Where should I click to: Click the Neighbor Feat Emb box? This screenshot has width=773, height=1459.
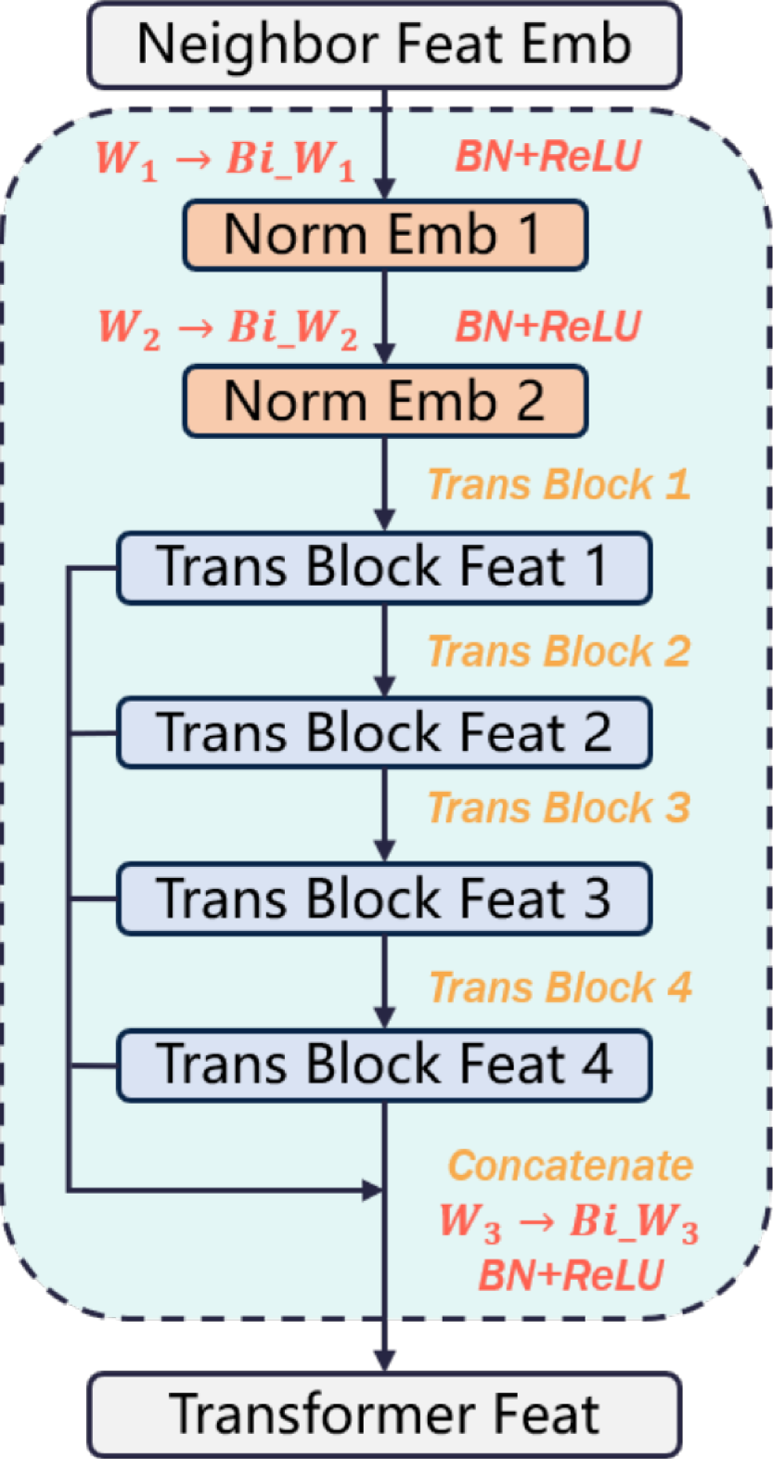(x=384, y=45)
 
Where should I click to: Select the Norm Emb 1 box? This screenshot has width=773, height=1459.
(x=384, y=235)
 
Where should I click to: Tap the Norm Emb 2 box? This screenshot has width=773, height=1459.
(x=384, y=401)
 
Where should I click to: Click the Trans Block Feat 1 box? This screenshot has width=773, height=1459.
(x=384, y=567)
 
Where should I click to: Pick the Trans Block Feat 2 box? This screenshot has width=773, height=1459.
(x=384, y=733)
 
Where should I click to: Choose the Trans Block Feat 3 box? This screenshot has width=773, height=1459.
(x=384, y=898)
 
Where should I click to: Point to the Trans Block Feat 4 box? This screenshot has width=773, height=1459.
(x=384, y=1065)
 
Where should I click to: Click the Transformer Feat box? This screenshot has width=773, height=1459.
(x=384, y=1414)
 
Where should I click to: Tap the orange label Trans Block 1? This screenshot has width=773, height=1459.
(x=559, y=484)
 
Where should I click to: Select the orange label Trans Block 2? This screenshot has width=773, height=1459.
(x=559, y=652)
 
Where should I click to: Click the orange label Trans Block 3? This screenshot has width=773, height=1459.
(x=559, y=808)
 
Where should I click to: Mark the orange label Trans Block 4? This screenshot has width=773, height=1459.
(x=560, y=988)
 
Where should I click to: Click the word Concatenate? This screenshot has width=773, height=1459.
(x=571, y=1166)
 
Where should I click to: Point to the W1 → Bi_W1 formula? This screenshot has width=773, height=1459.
(x=225, y=159)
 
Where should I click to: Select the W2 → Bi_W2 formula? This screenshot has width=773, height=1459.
(x=227, y=328)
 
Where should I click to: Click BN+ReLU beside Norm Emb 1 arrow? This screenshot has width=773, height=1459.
(x=548, y=156)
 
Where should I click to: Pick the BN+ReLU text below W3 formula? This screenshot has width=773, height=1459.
(x=571, y=1275)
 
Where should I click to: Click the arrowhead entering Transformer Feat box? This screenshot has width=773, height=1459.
(x=384, y=1361)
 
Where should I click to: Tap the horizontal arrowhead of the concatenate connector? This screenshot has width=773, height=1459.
(x=373, y=1189)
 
